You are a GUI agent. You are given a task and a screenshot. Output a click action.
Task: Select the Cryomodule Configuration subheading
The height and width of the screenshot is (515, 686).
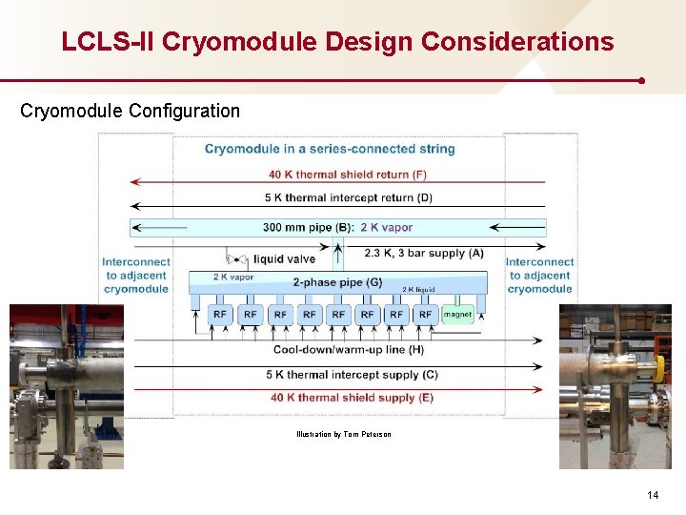(131, 111)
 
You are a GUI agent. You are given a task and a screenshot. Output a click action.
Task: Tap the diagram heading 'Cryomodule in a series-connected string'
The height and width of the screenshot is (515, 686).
(330, 149)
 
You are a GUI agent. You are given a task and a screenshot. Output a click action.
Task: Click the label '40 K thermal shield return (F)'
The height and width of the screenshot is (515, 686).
(348, 175)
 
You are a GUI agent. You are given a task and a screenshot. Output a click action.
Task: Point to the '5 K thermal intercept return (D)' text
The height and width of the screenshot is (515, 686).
(348, 197)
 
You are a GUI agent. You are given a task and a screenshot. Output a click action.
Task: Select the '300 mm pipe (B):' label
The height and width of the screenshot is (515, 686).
(309, 228)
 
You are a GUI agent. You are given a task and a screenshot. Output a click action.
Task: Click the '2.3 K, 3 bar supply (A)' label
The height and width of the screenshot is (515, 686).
(424, 253)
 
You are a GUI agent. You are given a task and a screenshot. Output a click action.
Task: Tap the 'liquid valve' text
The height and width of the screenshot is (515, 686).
(284, 258)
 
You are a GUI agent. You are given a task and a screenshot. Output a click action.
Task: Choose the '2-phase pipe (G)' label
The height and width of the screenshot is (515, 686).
(337, 282)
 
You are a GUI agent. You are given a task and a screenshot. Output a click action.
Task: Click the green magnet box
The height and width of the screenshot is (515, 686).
(457, 314)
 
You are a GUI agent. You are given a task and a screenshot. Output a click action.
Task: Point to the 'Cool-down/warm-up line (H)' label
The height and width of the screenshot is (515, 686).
(349, 350)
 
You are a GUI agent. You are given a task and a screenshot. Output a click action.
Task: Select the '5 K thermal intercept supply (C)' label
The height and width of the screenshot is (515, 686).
(352, 375)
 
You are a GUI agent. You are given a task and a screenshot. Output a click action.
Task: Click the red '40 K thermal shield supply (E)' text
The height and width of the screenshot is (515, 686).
(352, 398)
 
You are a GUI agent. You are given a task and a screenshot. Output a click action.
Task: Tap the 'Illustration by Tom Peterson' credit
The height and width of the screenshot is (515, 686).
(343, 435)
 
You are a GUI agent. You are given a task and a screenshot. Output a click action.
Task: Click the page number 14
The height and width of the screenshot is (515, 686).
(653, 495)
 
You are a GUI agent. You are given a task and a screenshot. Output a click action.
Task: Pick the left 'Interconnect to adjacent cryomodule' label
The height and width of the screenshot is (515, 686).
(137, 275)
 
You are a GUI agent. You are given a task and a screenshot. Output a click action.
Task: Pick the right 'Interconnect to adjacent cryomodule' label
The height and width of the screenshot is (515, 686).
(539, 275)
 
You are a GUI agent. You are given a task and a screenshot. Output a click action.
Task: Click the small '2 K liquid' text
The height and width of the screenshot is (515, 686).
(418, 289)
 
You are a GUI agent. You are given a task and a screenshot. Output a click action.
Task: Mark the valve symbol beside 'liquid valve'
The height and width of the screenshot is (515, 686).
(234, 258)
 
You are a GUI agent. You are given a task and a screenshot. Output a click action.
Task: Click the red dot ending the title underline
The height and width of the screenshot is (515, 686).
(642, 81)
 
